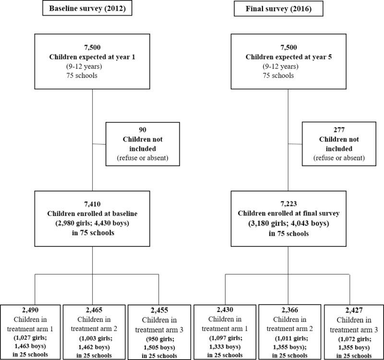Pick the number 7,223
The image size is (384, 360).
(287, 199)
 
